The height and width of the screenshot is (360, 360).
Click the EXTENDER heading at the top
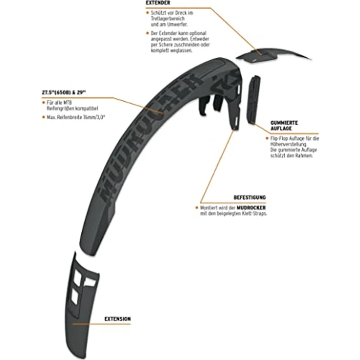tap(158, 3)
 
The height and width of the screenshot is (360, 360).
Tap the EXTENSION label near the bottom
tap(117, 319)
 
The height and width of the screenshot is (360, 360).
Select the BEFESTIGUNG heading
tap(249, 198)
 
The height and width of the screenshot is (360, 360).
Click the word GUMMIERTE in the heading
tap(284, 123)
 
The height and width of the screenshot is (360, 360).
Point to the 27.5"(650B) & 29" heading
tap(64, 92)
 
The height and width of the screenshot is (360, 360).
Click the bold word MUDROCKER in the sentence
tap(251, 208)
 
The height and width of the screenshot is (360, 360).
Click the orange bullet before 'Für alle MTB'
tap(44, 102)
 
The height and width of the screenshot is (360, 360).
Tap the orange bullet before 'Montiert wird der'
tap(197, 207)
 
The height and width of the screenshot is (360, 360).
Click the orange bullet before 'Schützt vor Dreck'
tap(147, 13)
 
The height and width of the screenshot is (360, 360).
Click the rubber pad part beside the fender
tap(253, 99)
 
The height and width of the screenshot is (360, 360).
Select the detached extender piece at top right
tap(271, 55)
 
